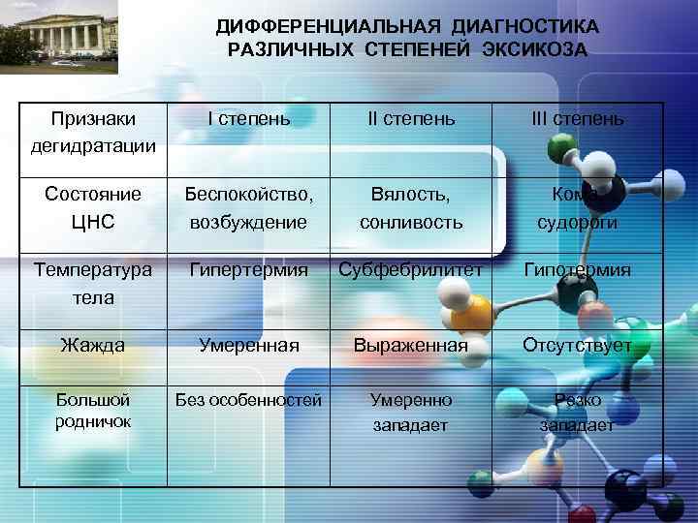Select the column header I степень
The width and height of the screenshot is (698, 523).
249,119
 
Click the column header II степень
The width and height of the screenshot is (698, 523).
410,119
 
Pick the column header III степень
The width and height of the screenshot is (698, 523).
577,119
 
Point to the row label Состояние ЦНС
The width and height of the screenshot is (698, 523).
93,207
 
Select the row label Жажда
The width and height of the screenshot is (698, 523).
93,344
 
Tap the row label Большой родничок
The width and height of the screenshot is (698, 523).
93,410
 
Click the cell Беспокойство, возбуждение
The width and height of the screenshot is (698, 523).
250,207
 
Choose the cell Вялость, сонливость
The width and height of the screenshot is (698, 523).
411,207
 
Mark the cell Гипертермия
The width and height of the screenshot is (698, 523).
249,270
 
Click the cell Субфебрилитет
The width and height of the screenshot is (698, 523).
410,270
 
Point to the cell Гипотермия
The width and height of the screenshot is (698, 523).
577,270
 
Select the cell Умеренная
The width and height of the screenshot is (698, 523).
249,344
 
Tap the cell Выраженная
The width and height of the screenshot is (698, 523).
410,344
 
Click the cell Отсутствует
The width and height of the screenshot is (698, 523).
577,344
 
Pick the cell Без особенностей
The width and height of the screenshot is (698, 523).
249,399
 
